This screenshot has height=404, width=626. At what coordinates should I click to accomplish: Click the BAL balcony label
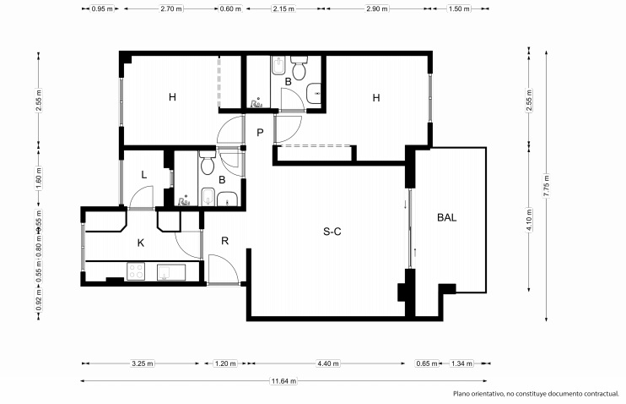coord(447,217)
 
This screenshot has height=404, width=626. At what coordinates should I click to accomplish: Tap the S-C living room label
coord(332,232)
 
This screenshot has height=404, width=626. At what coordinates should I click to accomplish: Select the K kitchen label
coord(141,243)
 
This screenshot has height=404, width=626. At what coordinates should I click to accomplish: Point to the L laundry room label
coord(143,175)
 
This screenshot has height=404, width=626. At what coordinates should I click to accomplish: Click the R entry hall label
coord(224,241)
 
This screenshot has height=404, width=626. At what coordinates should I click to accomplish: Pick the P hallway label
coord(260,133)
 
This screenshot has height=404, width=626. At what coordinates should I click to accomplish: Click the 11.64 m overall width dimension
coord(283,381)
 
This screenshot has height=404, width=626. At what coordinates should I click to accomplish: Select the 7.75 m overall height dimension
coord(546,186)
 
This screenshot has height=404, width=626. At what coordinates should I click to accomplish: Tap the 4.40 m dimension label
coord(328,363)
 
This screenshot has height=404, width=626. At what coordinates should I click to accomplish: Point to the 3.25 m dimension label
coord(143,363)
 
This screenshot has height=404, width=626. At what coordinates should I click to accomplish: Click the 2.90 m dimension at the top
coord(377,8)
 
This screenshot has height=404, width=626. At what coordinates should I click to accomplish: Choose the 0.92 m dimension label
coord(39,299)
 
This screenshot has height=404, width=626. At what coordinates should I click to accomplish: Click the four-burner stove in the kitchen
coord(136,271)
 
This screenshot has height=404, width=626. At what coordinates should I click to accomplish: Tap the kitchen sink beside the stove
coord(171,272)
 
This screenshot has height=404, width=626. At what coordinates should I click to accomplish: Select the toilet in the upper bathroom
coord(299,68)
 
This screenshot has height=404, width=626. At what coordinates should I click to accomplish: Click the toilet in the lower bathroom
coord(208,162)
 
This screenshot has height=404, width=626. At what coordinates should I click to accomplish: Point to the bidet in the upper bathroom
coord(278,65)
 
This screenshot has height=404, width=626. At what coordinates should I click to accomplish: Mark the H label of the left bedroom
coord(172,97)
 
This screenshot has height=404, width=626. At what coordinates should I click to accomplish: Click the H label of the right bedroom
coord(376,98)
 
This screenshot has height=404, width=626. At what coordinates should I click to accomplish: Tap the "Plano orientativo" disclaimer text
coord(536,394)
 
